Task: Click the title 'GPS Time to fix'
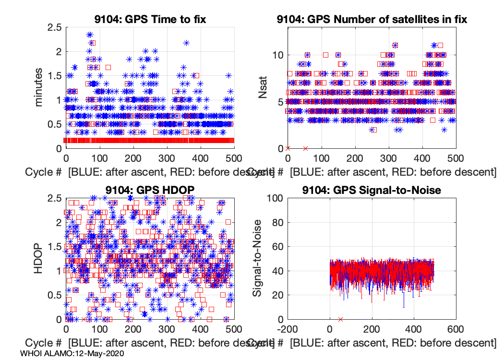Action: pos(150,20)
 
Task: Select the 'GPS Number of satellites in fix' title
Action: pos(372,20)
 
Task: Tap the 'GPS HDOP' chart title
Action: pos(150,190)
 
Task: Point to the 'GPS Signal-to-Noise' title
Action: pos(372,190)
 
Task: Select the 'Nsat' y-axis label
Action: pos(263,87)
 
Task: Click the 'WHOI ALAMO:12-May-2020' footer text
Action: pos(72,353)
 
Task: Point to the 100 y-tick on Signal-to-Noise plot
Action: pos(274,198)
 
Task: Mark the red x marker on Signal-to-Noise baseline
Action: pos(340,319)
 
